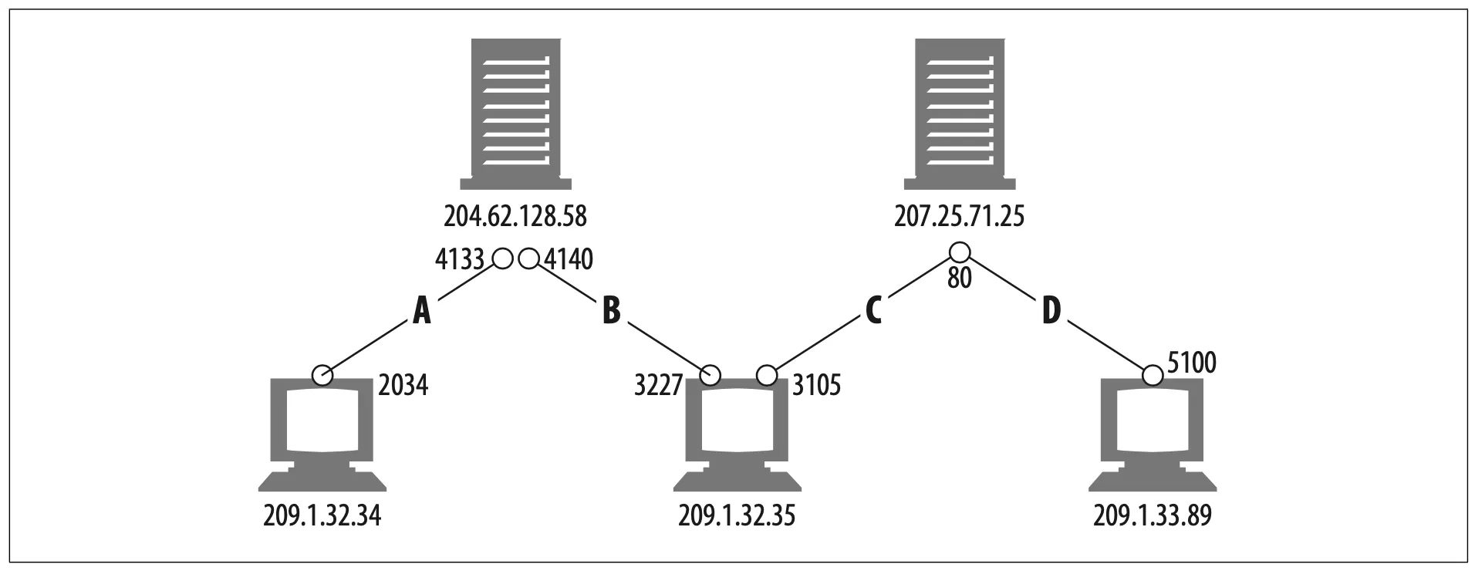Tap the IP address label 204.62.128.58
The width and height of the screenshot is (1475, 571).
pos(515,217)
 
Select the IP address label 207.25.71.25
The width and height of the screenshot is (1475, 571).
pos(960,217)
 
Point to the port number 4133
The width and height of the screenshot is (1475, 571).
pos(459,260)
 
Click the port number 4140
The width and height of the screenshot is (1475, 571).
pos(569,260)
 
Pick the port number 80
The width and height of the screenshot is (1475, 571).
pos(959,278)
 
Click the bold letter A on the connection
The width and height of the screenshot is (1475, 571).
pos(421,311)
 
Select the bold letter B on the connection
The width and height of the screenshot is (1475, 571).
pos(610,311)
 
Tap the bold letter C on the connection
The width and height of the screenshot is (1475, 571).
pos(873,311)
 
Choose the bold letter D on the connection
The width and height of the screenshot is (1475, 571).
pos(1051,311)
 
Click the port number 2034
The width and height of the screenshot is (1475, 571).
pos(403,384)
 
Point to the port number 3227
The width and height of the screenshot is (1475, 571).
pos(659,384)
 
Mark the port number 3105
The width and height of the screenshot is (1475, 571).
pos(816,384)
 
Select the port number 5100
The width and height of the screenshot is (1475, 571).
pos(1192,363)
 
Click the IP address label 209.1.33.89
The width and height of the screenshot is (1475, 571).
pos(1153,515)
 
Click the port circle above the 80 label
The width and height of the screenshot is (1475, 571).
pos(959,252)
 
